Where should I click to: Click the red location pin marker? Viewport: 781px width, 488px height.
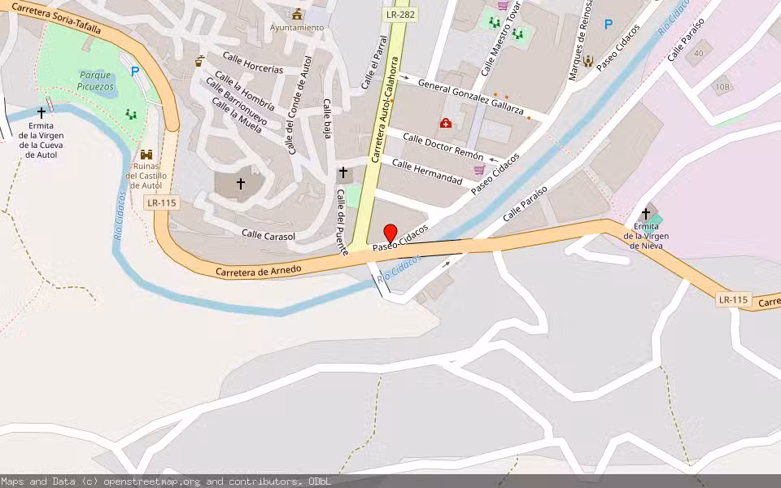(x=390, y=233)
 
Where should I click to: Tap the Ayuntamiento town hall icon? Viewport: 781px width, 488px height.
(x=297, y=14)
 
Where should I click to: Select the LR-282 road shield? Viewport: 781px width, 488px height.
(x=400, y=15)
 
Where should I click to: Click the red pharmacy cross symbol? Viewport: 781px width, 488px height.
(x=446, y=123)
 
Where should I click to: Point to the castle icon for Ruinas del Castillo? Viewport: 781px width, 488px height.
(x=146, y=155)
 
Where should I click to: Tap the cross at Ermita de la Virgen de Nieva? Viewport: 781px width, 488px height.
(x=646, y=213)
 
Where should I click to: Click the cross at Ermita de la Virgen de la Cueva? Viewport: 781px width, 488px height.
(x=41, y=113)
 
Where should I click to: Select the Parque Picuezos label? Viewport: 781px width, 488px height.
(x=95, y=80)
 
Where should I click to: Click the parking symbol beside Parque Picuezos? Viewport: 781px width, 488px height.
(x=135, y=72)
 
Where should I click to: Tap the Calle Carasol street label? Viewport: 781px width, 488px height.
(x=268, y=235)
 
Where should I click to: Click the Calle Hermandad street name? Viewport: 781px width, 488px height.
(x=427, y=172)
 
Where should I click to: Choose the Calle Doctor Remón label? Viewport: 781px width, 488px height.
(x=443, y=146)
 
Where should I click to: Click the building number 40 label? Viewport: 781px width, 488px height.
(x=698, y=54)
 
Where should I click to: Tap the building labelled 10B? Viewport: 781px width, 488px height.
(x=722, y=86)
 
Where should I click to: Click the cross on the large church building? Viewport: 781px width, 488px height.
(x=240, y=184)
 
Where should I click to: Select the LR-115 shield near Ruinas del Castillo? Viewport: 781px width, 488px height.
(x=161, y=203)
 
